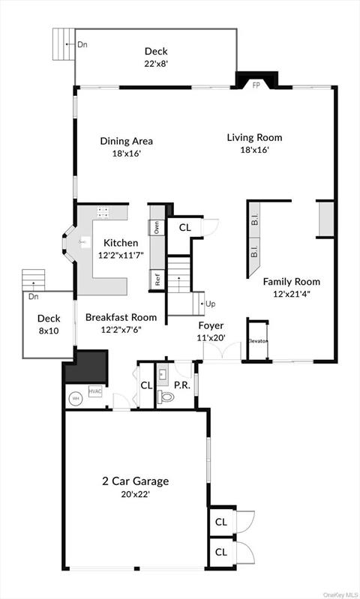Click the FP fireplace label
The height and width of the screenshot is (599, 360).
[256, 85]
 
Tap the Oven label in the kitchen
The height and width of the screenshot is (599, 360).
[157, 227]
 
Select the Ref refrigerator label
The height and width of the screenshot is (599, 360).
[157, 281]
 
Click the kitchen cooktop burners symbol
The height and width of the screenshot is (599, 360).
[104, 212]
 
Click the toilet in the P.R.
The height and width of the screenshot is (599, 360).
[166, 397]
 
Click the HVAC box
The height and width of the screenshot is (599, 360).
[94, 391]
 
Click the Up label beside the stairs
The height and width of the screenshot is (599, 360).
[210, 304]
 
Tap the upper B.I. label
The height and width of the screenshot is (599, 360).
[254, 220]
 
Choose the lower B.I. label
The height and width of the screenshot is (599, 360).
[254, 253]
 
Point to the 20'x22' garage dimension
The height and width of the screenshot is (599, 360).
[136, 494]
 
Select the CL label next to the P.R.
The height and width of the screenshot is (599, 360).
[146, 385]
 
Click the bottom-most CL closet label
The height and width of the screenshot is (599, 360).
[221, 552]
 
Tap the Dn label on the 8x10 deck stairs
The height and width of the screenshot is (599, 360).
[34, 297]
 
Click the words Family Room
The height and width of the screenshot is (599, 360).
[291, 282]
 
